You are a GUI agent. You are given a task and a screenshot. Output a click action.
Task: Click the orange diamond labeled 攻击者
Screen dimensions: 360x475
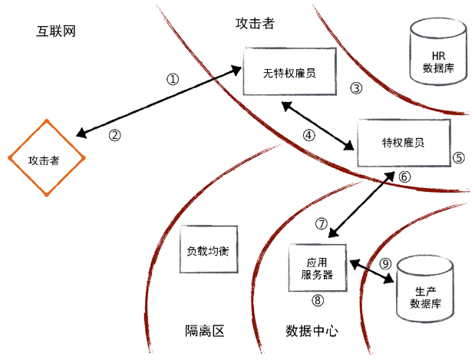(46, 160)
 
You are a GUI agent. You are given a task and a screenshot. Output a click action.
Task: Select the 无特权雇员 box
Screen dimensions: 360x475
(290, 72)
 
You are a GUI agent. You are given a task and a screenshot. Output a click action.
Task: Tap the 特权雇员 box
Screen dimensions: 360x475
(404, 143)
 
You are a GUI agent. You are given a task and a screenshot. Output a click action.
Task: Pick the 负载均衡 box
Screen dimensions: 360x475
(208, 250)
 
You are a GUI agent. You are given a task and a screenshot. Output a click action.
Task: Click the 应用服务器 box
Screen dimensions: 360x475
(317, 267)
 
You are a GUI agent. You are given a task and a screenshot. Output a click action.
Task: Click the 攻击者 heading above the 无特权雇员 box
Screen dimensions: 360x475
(255, 23)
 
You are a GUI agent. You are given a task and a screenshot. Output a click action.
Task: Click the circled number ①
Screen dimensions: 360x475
(173, 79)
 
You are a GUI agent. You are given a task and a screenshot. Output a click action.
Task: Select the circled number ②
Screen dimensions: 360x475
(114, 135)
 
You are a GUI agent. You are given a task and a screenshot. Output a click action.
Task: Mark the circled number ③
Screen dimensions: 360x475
(355, 88)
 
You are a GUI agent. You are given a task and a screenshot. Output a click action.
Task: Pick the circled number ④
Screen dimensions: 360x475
(309, 135)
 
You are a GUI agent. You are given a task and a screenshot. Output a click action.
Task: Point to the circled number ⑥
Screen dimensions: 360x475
(405, 177)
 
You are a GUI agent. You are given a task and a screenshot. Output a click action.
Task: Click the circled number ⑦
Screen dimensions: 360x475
(322, 224)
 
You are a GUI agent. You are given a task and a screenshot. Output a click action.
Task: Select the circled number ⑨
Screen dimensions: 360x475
(386, 263)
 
